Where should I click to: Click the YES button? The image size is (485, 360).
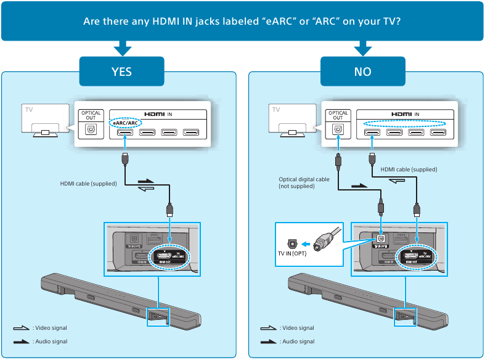[121, 72]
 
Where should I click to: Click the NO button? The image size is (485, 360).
[362, 72]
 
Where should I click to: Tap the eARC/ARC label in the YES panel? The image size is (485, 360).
[125, 124]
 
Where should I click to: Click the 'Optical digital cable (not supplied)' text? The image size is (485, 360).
[304, 182]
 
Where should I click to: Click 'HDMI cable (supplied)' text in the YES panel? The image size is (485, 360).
[88, 183]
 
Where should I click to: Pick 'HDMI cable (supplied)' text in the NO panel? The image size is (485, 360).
[409, 170]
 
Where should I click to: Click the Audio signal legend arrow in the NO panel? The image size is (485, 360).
[269, 342]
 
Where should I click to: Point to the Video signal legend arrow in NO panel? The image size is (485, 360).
[269, 328]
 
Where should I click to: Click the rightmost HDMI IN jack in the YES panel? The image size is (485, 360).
[191, 131]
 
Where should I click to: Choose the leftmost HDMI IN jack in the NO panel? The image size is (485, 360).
[372, 131]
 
